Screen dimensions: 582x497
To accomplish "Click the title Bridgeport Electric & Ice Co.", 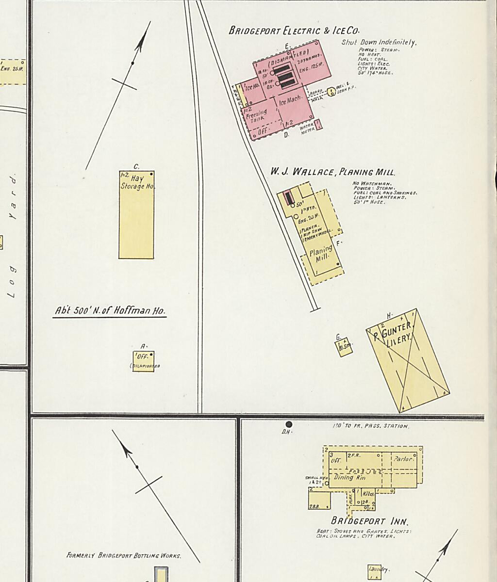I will [294, 30].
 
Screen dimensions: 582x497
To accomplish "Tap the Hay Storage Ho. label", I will [137, 182].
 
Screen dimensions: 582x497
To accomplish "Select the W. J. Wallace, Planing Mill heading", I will [332, 172].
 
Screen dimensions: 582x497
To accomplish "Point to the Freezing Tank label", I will [256, 115].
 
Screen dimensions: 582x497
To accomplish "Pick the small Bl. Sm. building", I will [345, 347].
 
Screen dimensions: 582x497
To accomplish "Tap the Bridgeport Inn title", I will [369, 521].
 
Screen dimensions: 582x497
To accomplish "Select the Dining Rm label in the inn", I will [349, 477].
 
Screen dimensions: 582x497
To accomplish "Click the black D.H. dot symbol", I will [289, 424].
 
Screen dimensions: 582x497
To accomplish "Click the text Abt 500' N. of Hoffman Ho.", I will [109, 311].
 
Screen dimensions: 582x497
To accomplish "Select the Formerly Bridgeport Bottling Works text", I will [124, 555].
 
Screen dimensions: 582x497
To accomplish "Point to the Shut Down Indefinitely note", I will [379, 43].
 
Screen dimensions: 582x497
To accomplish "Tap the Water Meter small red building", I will [318, 125].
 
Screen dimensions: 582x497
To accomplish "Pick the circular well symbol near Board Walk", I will [331, 91].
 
